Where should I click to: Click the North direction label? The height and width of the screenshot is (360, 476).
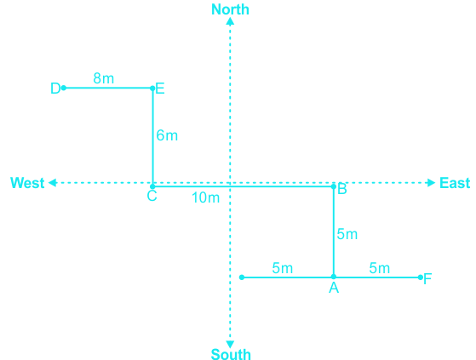point(230,9)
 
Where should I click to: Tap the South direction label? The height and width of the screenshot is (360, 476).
point(231,354)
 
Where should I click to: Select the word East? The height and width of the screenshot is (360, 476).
point(455,183)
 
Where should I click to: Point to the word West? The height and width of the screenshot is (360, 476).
point(27,183)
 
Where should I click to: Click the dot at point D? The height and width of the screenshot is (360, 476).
point(64,88)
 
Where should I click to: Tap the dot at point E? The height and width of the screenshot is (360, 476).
point(152,89)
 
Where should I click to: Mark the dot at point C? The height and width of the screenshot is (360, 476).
point(152,186)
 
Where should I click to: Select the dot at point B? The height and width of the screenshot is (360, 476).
point(334,186)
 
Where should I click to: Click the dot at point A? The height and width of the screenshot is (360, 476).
point(334,277)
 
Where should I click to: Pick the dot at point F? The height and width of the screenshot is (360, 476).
point(421,277)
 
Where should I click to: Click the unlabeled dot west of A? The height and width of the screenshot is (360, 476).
point(242,277)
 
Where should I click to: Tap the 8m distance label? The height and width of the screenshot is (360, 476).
point(104,78)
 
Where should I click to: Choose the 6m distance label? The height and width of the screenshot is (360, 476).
point(167,135)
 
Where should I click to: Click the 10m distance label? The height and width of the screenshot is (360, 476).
point(205,197)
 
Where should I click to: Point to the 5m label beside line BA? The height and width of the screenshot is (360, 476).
point(347,234)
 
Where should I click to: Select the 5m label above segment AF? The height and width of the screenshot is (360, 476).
point(380,268)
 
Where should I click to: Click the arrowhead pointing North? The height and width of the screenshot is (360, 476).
point(230,21)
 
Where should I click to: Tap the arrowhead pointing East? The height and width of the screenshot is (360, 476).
point(432,183)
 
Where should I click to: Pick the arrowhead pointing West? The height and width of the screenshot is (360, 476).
point(53,183)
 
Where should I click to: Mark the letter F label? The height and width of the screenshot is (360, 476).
point(427,279)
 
